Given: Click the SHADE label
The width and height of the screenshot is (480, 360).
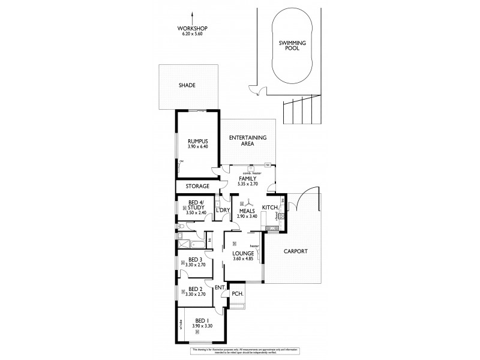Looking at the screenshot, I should (187, 86).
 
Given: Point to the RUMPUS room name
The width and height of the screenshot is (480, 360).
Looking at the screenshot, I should (197, 142).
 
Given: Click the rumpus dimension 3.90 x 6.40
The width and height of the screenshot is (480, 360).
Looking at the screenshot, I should (197, 147).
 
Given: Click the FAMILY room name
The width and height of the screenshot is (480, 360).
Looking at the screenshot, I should (248, 179).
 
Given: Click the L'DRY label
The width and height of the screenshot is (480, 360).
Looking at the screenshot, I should (223, 210).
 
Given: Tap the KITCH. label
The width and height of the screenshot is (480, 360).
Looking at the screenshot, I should (271, 207).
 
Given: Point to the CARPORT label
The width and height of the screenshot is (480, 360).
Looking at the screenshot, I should (295, 251).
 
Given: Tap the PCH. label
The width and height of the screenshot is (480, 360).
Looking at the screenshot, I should (236, 294).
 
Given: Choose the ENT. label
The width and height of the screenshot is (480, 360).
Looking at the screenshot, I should (220, 289).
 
